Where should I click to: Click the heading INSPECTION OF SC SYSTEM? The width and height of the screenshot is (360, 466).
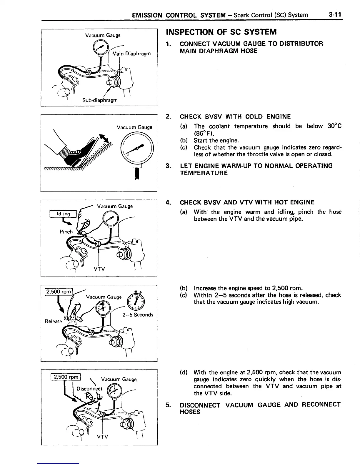[221, 32]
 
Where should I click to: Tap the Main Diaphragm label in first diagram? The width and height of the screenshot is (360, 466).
[131, 54]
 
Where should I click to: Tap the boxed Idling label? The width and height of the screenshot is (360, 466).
[63, 214]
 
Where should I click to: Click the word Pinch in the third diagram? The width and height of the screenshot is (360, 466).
[66, 232]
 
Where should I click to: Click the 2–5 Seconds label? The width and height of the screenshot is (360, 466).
[137, 315]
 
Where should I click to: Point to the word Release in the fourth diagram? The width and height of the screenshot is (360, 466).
[53, 321]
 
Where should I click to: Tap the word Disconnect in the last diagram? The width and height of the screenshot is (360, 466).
[89, 389]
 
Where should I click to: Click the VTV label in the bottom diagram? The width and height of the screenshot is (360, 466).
[102, 437]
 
